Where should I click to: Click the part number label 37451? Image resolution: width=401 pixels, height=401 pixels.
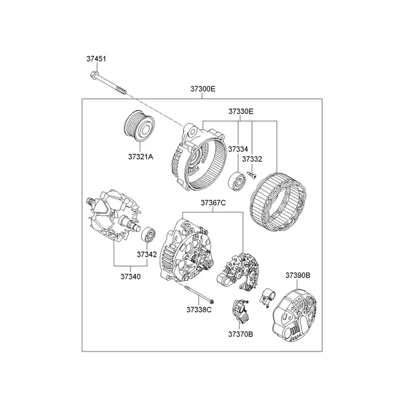tap(96, 59)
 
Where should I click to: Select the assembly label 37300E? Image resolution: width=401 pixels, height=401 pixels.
tap(203, 89)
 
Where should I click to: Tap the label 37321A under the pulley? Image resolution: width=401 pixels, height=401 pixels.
tap(141, 157)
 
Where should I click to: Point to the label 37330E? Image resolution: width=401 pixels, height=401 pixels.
tap(240, 111)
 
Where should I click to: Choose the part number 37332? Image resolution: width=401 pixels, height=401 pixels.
tap(252, 159)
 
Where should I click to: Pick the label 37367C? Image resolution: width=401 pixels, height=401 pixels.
tap(213, 203)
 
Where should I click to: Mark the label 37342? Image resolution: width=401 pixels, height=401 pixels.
tap(147, 255)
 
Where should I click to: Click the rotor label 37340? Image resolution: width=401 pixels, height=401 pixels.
tap(130, 275)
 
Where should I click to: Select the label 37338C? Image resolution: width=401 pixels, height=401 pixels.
tap(199, 309)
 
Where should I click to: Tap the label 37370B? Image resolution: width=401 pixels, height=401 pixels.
tap(240, 333)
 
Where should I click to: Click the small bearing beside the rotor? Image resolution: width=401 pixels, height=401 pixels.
tap(148, 235)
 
